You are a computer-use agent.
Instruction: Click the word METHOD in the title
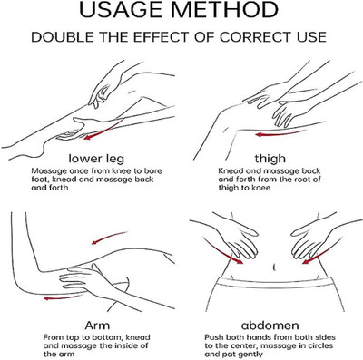pos(226,10)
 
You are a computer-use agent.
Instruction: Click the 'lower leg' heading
pos(96,159)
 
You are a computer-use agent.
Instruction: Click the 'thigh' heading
pos(270,159)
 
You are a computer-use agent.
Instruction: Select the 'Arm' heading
pos(97,326)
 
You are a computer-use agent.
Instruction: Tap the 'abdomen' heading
pos(270,326)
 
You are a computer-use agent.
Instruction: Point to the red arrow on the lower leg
pos(103,129)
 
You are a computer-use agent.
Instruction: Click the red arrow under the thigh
pos(280,133)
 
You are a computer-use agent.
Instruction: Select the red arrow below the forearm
pos(63,297)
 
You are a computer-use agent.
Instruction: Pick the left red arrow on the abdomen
pos(222,250)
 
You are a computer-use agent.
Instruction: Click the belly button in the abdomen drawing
pos(274,268)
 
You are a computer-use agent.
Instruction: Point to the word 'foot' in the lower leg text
pos(40,180)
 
